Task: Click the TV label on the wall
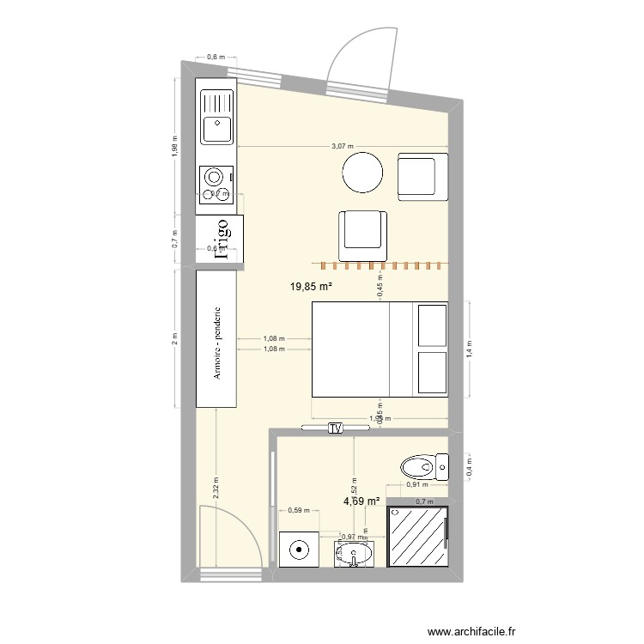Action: (335, 428)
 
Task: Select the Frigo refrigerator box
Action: (219, 239)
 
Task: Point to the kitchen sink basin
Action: (216, 129)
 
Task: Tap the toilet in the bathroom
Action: (425, 468)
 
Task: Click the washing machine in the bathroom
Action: (300, 549)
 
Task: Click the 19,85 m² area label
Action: (311, 288)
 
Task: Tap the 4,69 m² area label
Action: (361, 501)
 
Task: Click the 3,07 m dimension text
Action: (343, 147)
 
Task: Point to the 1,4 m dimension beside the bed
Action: (470, 349)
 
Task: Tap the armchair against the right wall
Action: (422, 176)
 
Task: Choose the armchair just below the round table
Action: (363, 234)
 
